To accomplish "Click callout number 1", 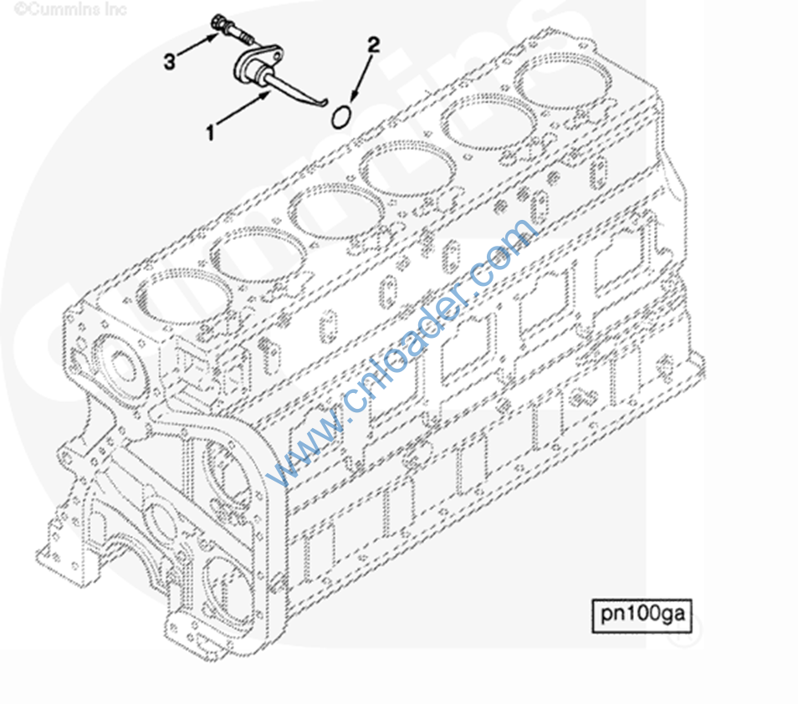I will (x=210, y=131).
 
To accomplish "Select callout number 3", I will (x=169, y=61).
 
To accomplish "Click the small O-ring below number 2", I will (x=339, y=116).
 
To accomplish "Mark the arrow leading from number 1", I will (x=243, y=109).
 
